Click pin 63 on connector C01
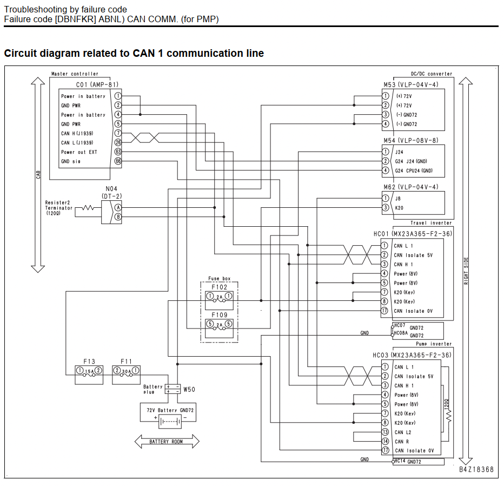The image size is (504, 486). pos(118,152)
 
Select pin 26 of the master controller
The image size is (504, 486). pos(118,142)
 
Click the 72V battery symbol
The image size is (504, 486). pos(170,422)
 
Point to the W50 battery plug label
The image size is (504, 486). pos(189,390)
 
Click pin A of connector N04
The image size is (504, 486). pos(118,207)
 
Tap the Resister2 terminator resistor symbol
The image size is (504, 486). pos(88,208)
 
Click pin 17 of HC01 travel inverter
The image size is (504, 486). pos(384,311)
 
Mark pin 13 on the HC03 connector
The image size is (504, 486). pos(385,432)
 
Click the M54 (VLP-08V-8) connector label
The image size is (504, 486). pos(411,141)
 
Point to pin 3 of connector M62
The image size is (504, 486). pos(385,207)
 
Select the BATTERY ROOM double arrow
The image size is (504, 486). pos(167,441)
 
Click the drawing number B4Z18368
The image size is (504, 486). pos(476,469)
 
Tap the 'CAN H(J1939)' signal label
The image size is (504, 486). pos(77,133)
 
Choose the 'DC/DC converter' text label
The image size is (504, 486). pos(432,74)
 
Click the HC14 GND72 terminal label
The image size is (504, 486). pos(408,462)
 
